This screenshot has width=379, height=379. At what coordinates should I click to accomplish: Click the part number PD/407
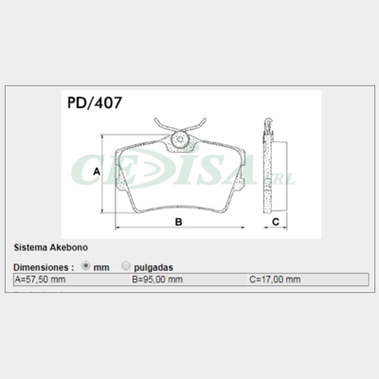95,102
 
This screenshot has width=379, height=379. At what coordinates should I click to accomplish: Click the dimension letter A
97,171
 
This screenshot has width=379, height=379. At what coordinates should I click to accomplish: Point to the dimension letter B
178,222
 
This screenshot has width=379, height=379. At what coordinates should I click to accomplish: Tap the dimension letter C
276,222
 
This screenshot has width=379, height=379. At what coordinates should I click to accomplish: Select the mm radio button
85,266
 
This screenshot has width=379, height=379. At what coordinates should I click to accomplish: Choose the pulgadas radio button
126,266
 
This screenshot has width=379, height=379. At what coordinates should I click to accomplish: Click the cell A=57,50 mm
72,280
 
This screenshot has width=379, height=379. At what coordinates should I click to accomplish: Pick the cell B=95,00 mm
189,280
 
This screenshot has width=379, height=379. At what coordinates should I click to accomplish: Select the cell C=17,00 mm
308,280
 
